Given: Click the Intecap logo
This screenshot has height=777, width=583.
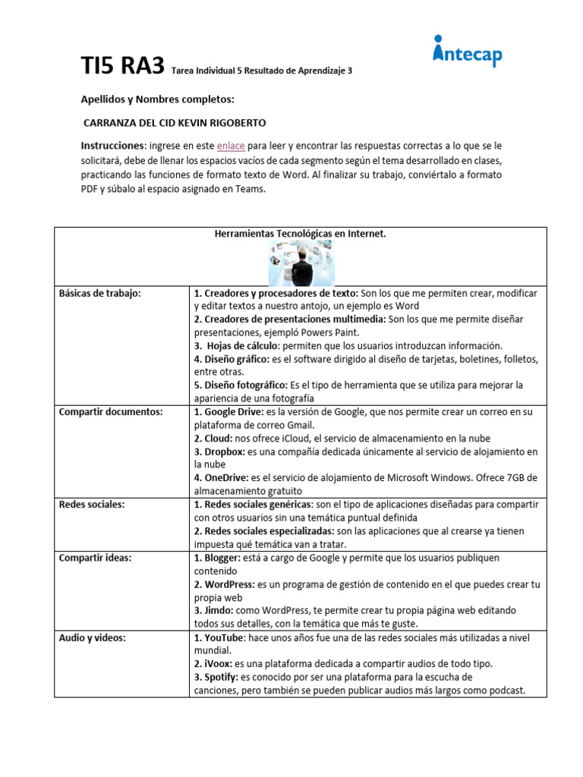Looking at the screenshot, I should [x=467, y=52].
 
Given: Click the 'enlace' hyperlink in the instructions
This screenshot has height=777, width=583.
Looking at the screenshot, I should [x=231, y=145].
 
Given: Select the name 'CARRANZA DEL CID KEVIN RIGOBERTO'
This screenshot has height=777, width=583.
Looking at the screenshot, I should [x=174, y=123].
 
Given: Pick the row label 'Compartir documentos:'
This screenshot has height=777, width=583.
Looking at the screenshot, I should [x=111, y=411].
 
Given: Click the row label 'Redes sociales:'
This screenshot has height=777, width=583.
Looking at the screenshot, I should [x=92, y=505].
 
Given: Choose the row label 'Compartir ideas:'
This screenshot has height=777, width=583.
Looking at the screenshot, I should [x=95, y=558].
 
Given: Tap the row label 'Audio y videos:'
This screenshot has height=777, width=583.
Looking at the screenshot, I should [x=93, y=638].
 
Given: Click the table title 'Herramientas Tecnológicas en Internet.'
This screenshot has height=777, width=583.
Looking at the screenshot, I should [x=301, y=234].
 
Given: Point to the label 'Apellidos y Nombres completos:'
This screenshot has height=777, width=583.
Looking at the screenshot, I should [x=158, y=100].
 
